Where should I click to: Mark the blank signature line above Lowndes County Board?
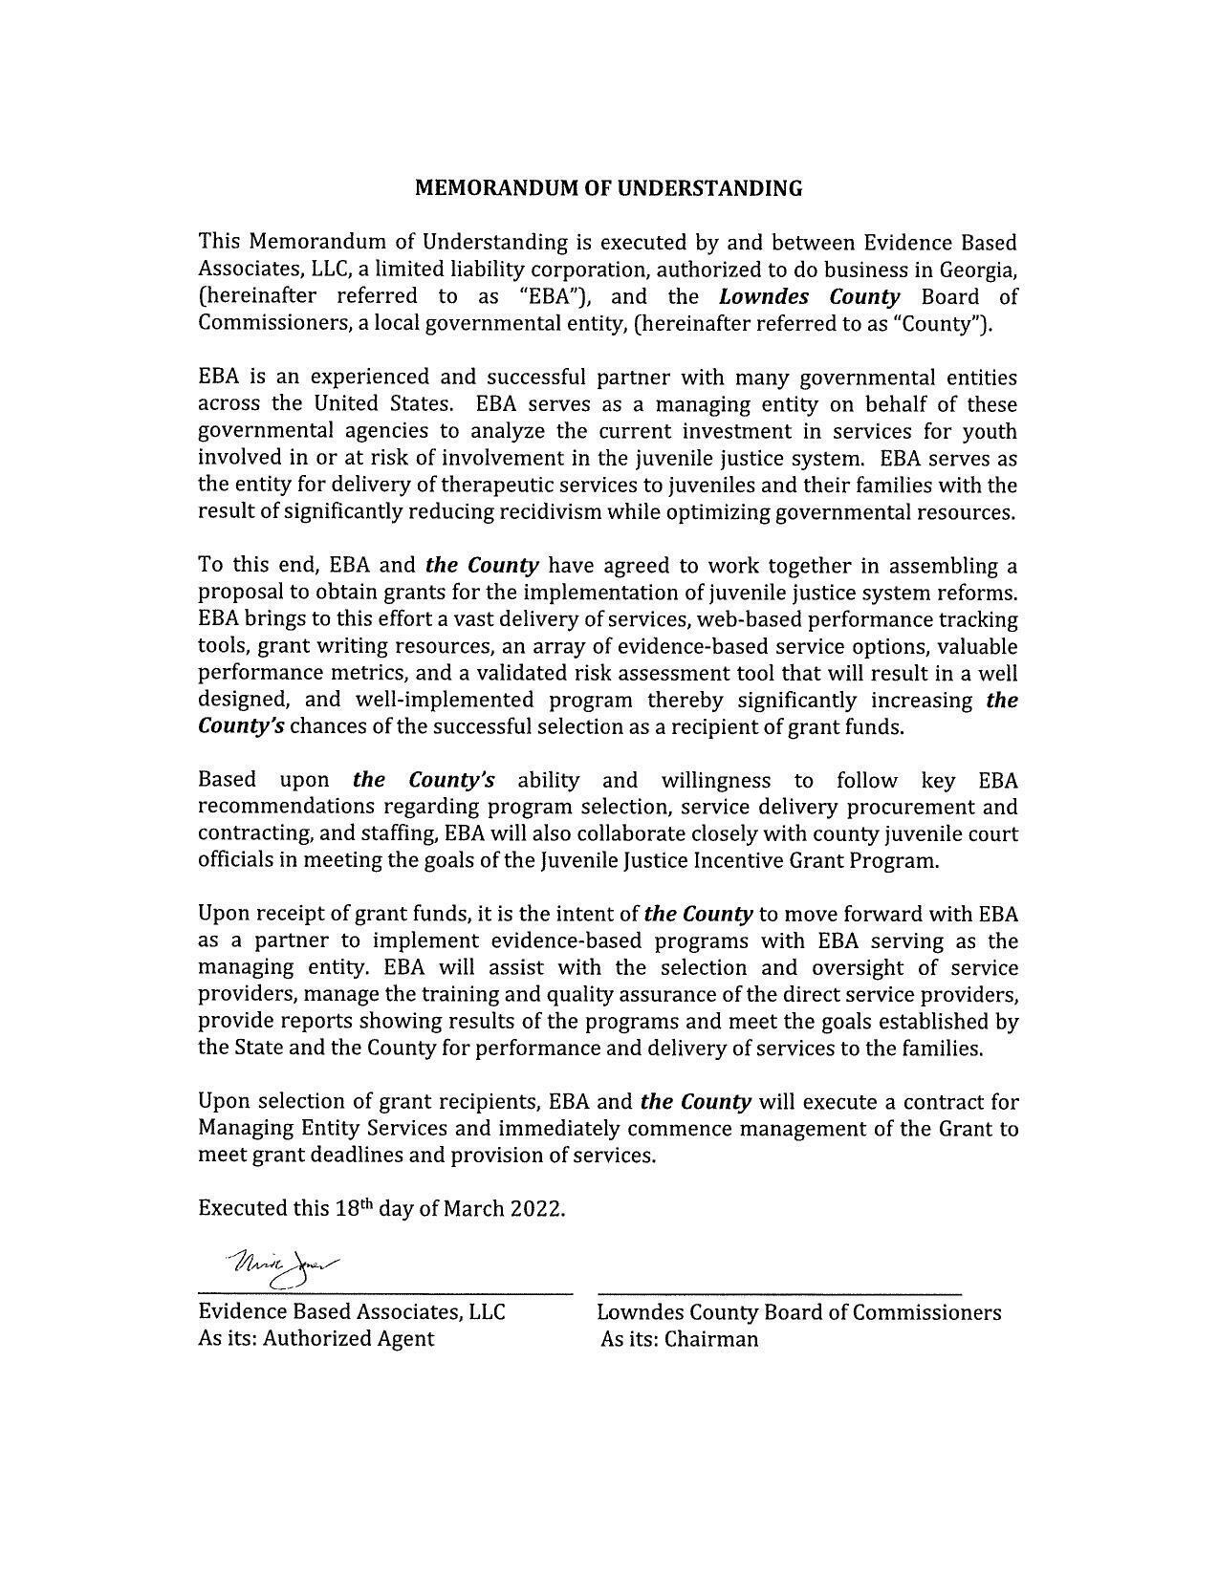coord(779,1293)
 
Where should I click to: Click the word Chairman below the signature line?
coord(711,1339)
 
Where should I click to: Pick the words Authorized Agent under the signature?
coord(348,1339)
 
